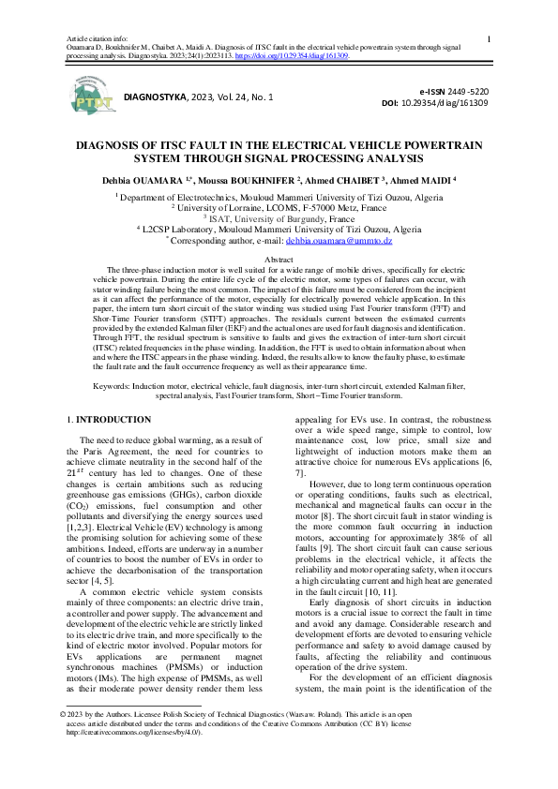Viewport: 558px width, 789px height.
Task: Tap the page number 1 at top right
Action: tap(491, 38)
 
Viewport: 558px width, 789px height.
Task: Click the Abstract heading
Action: tap(279, 259)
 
